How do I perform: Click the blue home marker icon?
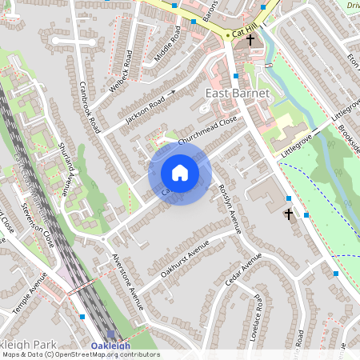[x=180, y=173]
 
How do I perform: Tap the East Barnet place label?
[x=238, y=94]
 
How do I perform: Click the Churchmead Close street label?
[x=209, y=130]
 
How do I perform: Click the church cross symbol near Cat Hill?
[x=250, y=39]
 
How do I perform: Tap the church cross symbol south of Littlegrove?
[x=289, y=214]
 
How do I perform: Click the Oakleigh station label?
[x=110, y=346]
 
